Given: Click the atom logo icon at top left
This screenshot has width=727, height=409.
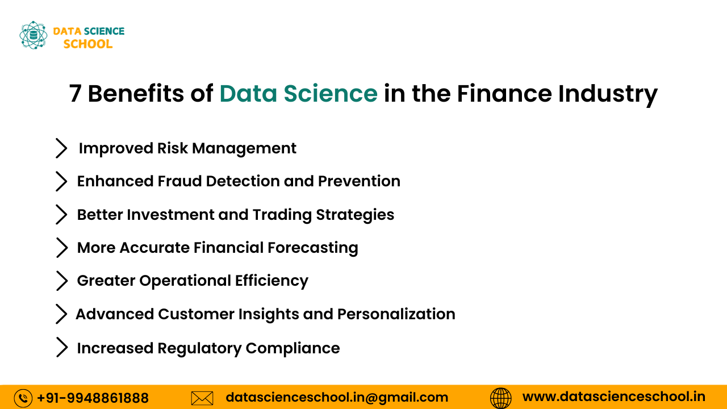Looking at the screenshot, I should click(33, 35).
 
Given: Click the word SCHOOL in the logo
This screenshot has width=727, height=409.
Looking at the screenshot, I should click(88, 44).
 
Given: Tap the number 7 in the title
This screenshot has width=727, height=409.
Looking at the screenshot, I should click(75, 94).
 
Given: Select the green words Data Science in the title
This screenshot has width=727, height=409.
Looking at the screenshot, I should click(298, 94).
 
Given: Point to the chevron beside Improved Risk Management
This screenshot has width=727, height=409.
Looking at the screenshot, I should click(61, 148).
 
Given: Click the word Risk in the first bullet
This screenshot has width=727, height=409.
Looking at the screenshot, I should click(172, 148).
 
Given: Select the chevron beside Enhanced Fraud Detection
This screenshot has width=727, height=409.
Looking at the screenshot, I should click(61, 181).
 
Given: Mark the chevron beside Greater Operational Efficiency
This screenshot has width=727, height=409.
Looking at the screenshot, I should click(61, 281).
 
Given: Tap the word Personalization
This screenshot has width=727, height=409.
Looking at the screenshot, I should click(396, 314).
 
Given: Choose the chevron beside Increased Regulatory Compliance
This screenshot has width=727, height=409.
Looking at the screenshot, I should click(61, 348).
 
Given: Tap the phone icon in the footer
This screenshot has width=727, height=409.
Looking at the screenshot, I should click(23, 398).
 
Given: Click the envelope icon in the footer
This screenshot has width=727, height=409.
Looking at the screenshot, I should click(202, 398).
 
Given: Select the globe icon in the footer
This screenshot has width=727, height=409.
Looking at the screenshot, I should click(500, 398).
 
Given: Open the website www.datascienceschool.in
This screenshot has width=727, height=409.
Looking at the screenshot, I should click(613, 397).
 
